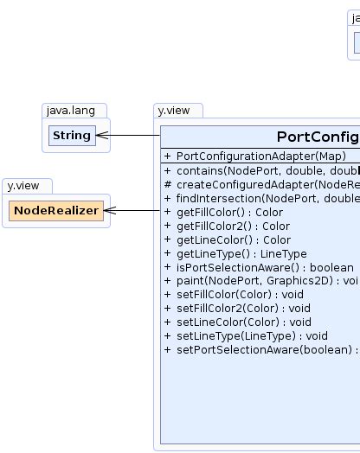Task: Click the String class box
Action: [71, 136]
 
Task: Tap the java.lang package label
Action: [74, 111]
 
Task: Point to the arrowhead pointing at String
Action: [101, 136]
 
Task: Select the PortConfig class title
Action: [318, 137]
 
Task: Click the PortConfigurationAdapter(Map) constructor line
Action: [260, 156]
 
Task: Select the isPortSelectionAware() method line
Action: [260, 267]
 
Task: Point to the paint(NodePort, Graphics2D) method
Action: [260, 281]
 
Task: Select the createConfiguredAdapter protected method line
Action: [260, 184]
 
